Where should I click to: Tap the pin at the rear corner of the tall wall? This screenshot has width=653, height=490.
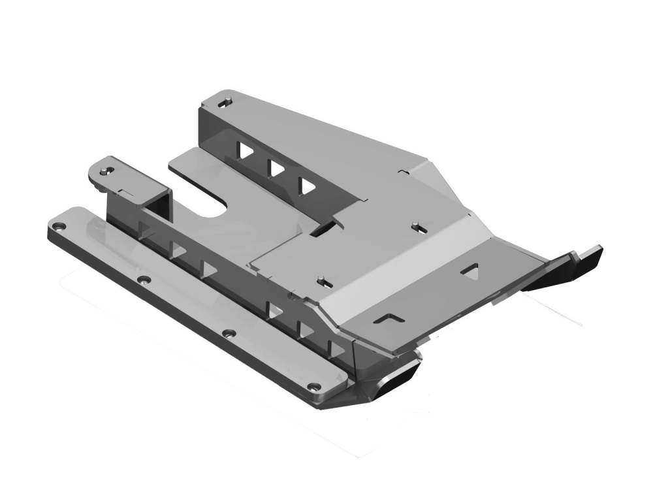tap(225, 100)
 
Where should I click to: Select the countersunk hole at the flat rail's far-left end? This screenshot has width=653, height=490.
tap(59, 226)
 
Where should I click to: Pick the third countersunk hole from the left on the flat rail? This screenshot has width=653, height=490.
tap(228, 333)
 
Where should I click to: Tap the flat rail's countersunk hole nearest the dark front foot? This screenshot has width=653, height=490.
tap(317, 385)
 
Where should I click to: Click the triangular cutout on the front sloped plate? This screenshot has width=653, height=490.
tap(470, 269)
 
